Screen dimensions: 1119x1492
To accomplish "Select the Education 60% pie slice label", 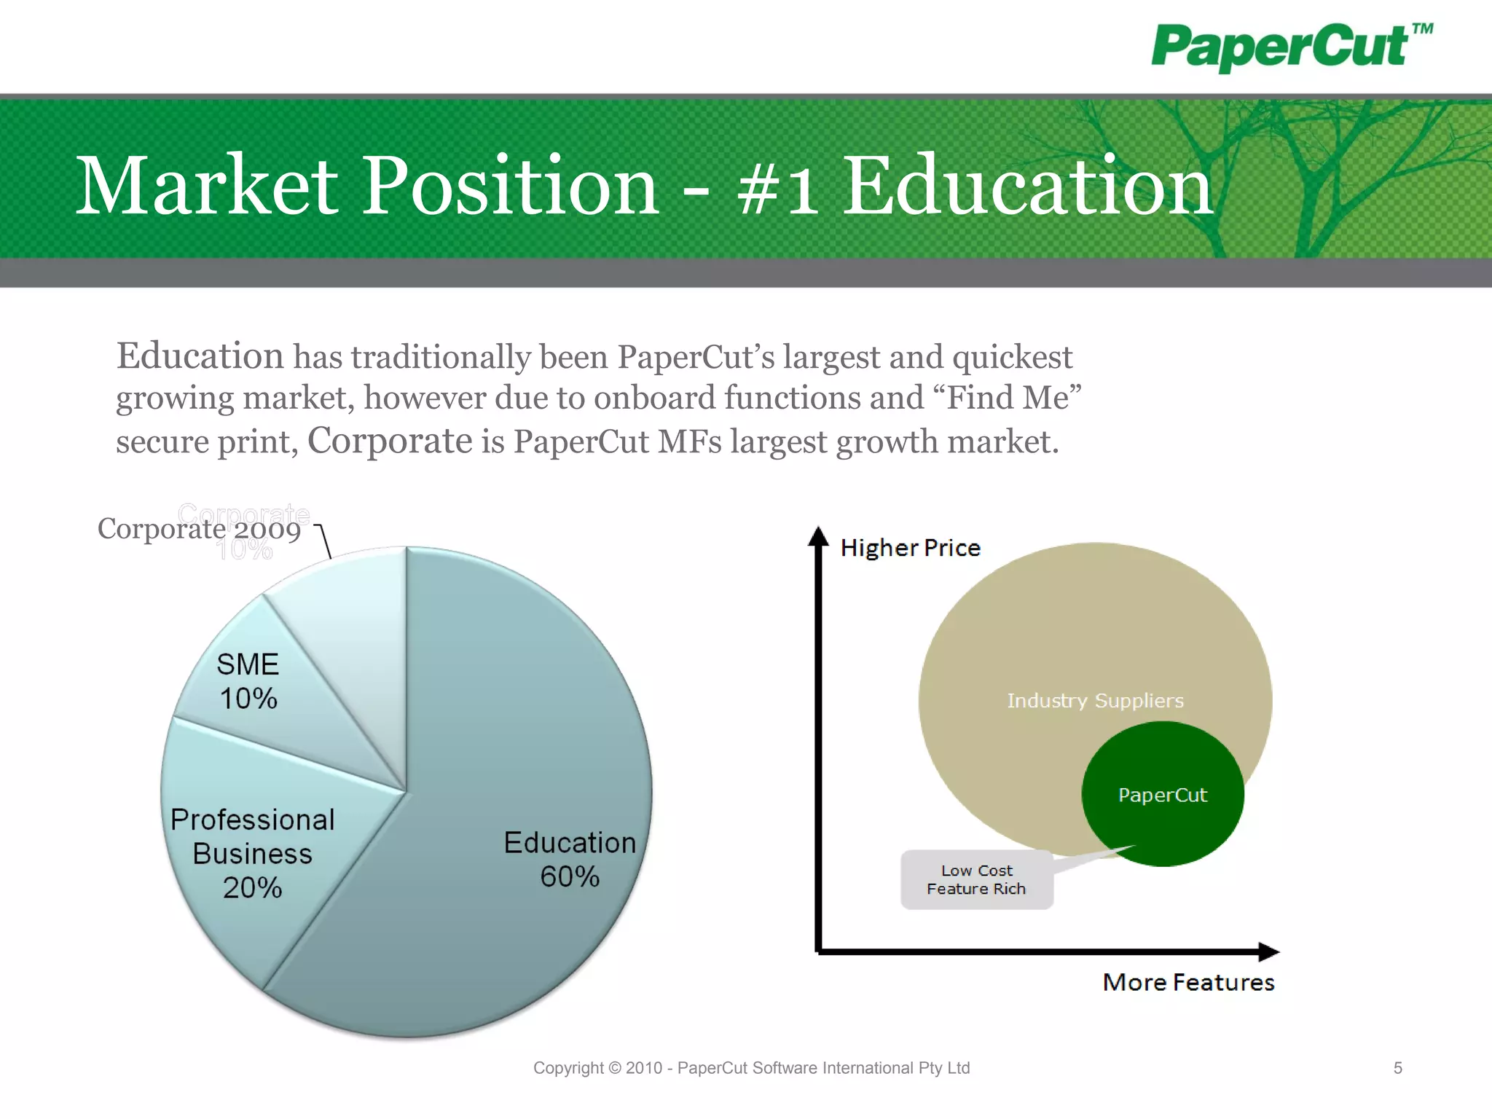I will click(x=570, y=859).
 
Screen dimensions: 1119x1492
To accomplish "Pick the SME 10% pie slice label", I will click(x=248, y=681).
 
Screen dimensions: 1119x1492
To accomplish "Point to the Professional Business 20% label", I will click(x=252, y=853).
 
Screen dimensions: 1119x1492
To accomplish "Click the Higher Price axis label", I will click(x=910, y=548).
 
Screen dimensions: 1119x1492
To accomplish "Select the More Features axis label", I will click(x=1188, y=982).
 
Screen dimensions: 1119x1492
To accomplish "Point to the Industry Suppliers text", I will click(x=1095, y=701).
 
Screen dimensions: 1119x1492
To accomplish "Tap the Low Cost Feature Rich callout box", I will click(x=976, y=879).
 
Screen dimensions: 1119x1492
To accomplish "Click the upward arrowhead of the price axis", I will click(x=819, y=536).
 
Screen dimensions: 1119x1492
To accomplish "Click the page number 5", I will click(x=1397, y=1068).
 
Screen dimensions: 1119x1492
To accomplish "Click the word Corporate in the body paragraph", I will click(x=390, y=441).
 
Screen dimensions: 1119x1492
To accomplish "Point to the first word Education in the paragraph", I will click(x=200, y=356).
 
